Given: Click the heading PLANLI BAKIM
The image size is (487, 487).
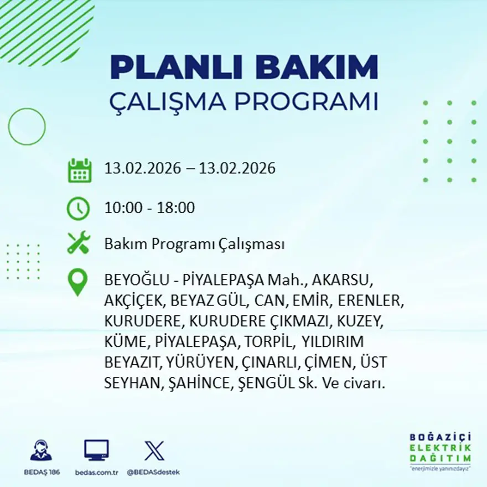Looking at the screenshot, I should pos(244,68).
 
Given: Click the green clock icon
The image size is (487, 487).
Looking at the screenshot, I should pos(78,209).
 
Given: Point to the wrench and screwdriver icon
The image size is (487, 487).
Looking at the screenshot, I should pos(78,244).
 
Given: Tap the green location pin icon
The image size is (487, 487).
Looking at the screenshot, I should pos(77,282).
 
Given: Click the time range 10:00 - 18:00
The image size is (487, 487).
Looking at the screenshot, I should pos(149,209).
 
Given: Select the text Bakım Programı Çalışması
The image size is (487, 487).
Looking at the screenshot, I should pos(194,244).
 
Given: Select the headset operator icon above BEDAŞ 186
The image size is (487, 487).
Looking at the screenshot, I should pos(41,450).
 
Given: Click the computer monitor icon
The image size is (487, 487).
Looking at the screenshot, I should pos(96,450).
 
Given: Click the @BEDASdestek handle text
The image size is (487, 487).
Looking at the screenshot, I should pos(153,472).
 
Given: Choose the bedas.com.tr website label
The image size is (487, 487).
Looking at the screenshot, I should pos(96,472).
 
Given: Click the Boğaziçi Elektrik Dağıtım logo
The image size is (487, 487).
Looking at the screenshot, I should pos(441,450).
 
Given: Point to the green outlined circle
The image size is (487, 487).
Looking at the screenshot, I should pos(27,127).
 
